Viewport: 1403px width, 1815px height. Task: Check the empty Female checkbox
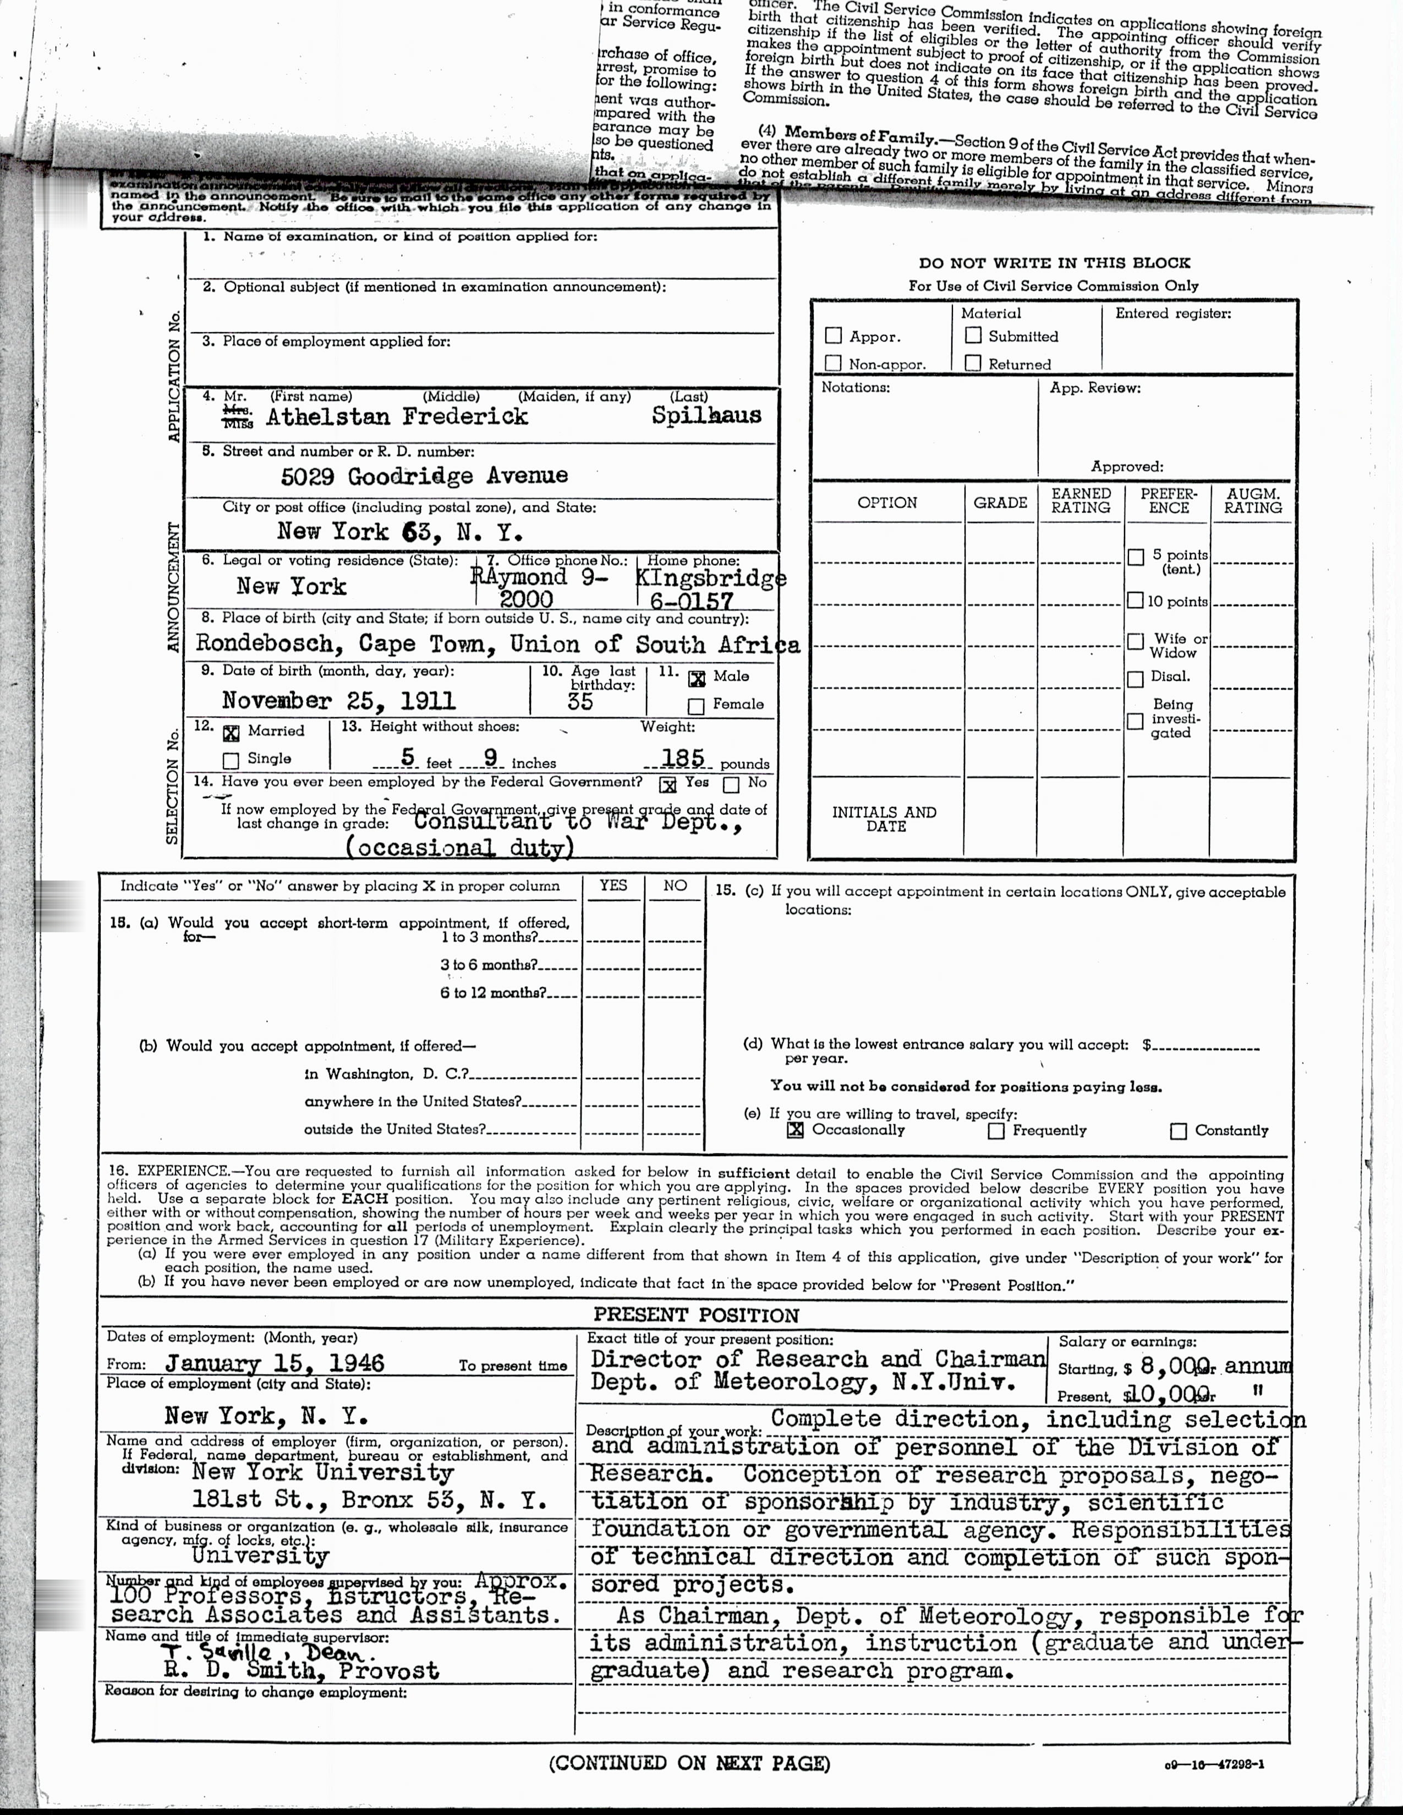[x=697, y=706]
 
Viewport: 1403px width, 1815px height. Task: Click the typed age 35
[x=580, y=701]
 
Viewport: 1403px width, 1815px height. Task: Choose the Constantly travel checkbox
[x=1178, y=1131]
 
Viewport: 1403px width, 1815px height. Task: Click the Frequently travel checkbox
[x=996, y=1131]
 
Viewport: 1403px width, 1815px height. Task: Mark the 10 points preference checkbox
[x=1136, y=601]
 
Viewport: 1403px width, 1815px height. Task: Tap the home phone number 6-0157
[x=692, y=601]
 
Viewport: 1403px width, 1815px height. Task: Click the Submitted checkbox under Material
[x=972, y=335]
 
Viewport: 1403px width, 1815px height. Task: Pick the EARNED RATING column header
[x=1081, y=501]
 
